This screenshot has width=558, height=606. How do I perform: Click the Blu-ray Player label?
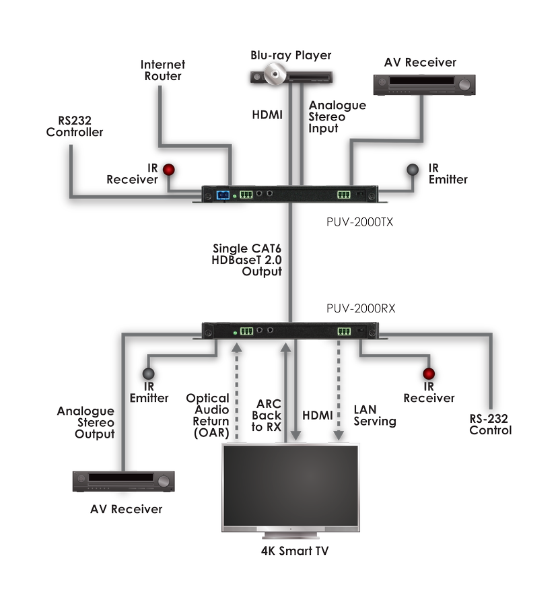291,55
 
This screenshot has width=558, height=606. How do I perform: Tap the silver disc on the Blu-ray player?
274,74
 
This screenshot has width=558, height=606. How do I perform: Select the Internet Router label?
163,70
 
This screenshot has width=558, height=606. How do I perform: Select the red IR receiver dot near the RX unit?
428,374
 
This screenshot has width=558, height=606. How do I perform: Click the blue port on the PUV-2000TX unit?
220,195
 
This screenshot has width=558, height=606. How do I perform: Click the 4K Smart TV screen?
291,486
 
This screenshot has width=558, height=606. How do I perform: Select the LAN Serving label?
374,415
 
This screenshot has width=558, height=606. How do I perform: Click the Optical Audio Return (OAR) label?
208,415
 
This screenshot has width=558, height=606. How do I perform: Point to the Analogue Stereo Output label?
84,422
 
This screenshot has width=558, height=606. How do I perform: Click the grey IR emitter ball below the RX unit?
148,375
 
